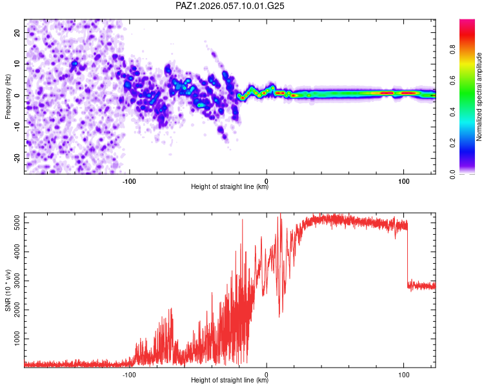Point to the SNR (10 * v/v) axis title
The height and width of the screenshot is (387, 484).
8,290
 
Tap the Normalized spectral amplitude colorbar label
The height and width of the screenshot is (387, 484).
479,97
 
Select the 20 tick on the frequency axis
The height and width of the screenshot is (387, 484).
17,32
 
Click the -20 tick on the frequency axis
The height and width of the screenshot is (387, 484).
16,158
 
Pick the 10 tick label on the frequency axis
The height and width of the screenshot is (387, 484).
17,64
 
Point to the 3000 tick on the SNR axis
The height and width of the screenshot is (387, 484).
13,281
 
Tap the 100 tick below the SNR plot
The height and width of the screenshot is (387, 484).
404,373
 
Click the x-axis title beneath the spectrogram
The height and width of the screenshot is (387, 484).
230,187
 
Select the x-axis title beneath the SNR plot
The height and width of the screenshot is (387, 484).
230,381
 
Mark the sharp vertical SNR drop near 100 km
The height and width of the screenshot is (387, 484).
407,255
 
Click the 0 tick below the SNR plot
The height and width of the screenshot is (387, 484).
267,373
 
